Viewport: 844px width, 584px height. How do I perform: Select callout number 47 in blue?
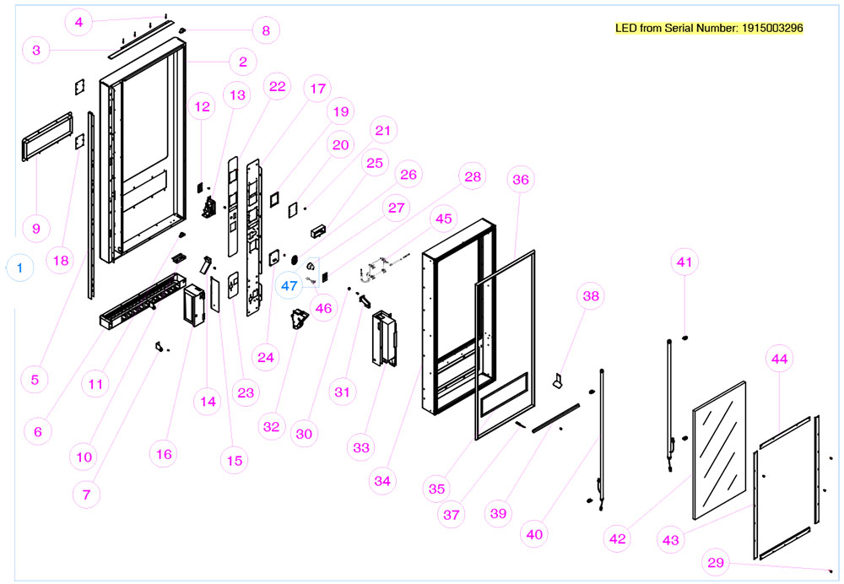click(289, 286)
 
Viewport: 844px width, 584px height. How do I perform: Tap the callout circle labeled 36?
click(521, 180)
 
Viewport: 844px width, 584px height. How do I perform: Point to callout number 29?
click(717, 562)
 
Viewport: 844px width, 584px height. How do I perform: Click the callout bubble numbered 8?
click(266, 31)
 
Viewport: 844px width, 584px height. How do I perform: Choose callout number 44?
click(780, 360)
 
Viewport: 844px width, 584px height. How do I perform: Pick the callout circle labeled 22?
click(278, 86)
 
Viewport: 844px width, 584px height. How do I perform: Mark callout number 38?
click(590, 295)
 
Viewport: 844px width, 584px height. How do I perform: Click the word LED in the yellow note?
click(627, 28)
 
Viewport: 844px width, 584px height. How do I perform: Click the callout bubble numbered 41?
click(684, 262)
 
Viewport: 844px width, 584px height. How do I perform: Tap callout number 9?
click(36, 229)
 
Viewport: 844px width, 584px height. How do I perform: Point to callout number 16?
click(164, 454)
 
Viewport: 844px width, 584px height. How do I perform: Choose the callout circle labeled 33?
click(361, 448)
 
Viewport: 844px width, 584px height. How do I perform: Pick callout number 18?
click(60, 261)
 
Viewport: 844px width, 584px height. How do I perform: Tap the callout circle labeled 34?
click(383, 481)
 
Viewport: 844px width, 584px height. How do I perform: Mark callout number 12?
click(203, 107)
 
